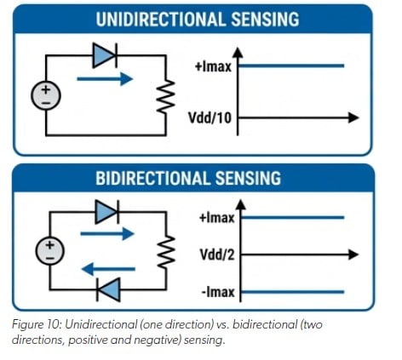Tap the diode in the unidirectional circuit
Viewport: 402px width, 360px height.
point(104,56)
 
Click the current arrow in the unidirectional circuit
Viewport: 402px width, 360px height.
point(105,79)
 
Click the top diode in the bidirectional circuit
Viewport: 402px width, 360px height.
point(108,210)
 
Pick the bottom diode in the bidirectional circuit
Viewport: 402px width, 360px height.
point(108,289)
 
